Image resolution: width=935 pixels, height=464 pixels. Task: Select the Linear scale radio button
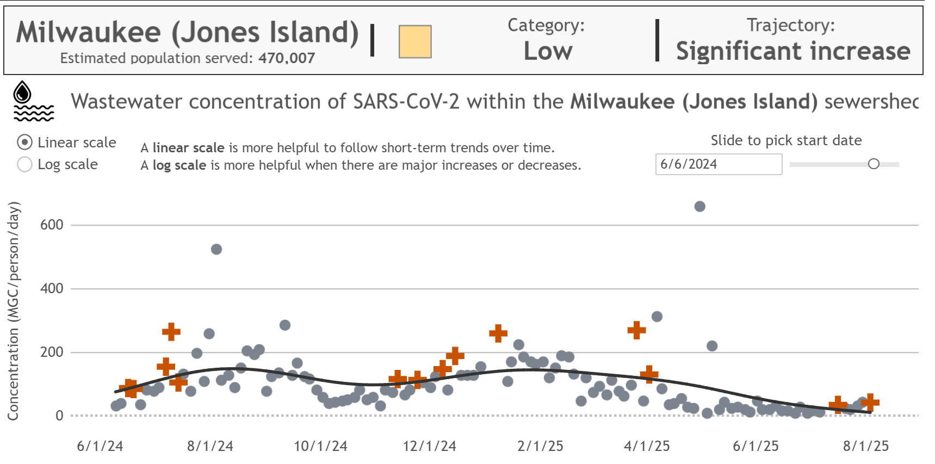pos(25,143)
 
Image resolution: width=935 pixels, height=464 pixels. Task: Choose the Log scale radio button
pos(25,164)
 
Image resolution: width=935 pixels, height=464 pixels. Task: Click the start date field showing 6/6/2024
pos(718,164)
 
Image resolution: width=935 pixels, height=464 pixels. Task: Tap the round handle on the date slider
pos(874,164)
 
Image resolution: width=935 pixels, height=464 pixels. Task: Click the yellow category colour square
pos(415,41)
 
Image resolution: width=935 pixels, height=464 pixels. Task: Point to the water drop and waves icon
pos(33,102)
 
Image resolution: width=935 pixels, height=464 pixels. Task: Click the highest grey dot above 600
pos(700,207)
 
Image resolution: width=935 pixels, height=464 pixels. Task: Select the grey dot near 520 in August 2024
pos(216,249)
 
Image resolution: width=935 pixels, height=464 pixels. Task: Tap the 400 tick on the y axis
pos(52,288)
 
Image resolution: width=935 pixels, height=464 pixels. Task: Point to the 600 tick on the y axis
pos(52,225)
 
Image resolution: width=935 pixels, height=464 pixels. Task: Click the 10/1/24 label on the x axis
pos(320,446)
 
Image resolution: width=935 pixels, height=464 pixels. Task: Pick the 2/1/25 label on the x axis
pos(540,446)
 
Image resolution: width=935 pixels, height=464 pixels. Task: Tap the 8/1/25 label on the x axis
pos(866,446)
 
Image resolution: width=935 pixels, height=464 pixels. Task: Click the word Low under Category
pos(548,52)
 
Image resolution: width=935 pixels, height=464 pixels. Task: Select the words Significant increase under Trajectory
pos(793,52)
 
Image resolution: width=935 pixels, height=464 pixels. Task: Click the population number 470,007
pos(287,58)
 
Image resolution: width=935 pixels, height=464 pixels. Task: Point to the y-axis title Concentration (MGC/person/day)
pos(13,311)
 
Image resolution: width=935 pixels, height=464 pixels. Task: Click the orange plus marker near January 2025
pos(498,333)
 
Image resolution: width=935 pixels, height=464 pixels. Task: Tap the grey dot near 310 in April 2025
pos(657,317)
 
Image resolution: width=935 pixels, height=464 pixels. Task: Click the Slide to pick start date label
pos(786,140)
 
